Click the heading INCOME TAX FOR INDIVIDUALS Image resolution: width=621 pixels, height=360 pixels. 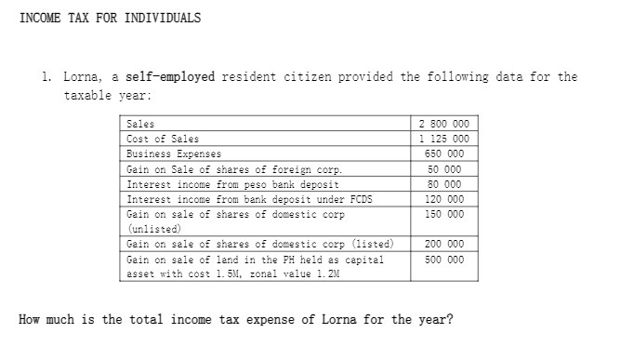[x=110, y=18]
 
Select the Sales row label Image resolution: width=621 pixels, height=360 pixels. [x=140, y=124]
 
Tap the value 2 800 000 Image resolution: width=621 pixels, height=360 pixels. [x=443, y=124]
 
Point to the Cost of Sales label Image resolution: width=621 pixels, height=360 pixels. [x=163, y=139]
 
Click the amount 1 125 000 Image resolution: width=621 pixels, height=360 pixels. [x=443, y=139]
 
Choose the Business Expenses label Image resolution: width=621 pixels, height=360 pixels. [x=174, y=153]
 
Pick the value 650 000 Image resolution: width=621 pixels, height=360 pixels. [x=443, y=153]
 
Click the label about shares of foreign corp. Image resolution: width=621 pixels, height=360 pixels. [x=233, y=169]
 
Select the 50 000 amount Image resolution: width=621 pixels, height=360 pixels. [x=445, y=169]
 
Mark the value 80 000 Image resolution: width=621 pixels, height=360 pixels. [x=445, y=184]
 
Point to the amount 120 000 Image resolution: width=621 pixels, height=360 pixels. [x=443, y=199]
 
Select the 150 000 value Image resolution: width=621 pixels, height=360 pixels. [x=443, y=214]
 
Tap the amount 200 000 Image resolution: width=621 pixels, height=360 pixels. [x=443, y=244]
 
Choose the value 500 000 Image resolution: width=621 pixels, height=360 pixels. [x=443, y=260]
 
